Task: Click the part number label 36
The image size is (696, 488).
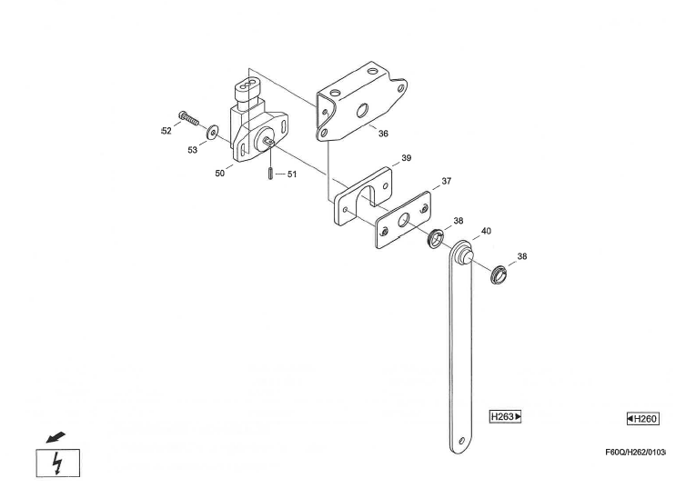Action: (383, 134)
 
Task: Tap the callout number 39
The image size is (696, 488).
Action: (406, 158)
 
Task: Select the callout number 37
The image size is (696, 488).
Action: (447, 181)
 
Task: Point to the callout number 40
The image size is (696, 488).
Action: (486, 231)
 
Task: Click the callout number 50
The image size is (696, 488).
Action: (220, 174)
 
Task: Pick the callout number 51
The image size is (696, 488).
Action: (292, 174)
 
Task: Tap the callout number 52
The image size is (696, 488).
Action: (166, 131)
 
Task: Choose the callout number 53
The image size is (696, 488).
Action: (192, 150)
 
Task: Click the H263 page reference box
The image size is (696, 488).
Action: (505, 416)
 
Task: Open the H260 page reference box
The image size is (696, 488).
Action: (643, 419)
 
